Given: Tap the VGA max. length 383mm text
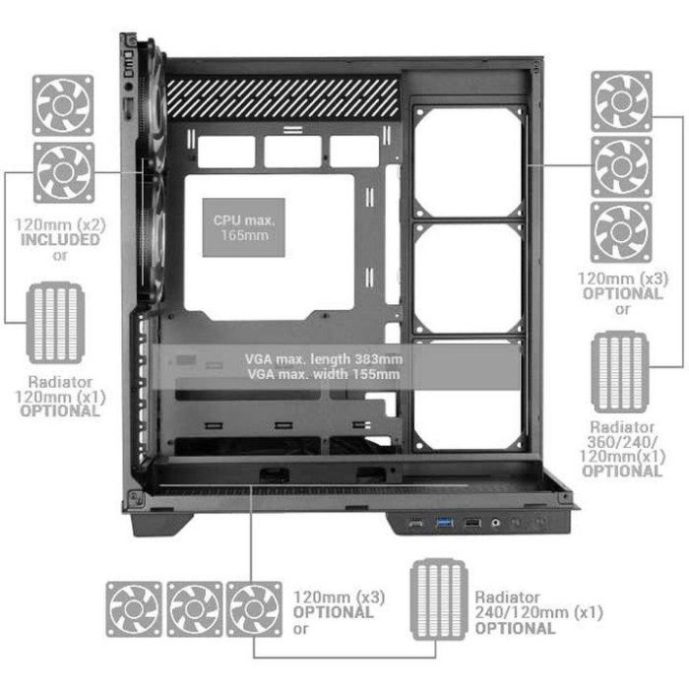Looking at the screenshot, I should [326, 359].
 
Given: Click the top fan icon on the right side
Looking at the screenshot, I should [621, 100].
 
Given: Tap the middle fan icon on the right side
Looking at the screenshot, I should [621, 165].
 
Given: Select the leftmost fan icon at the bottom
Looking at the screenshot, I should [135, 608].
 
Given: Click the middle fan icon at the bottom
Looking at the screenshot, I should [195, 608].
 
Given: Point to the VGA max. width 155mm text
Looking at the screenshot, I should [326, 374].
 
